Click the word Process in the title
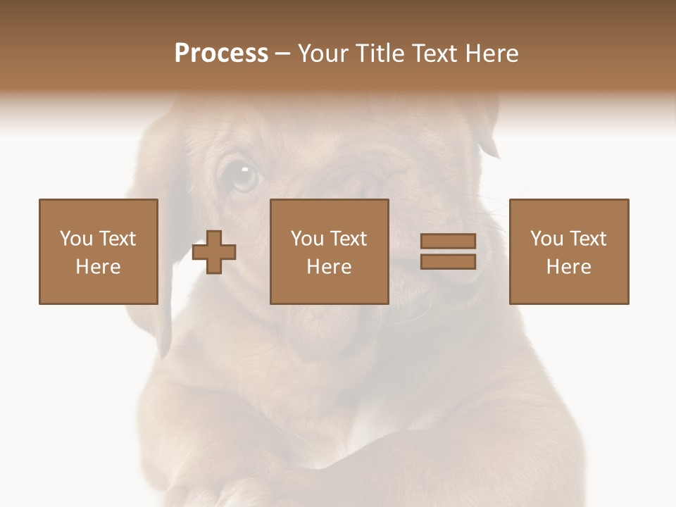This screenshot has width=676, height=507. [221, 54]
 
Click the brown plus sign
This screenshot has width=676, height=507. [214, 252]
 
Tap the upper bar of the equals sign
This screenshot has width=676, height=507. [448, 241]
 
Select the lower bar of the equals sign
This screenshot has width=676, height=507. [448, 262]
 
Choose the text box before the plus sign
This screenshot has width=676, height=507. [99, 251]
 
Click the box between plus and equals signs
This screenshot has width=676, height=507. [329, 251]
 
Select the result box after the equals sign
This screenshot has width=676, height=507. [568, 251]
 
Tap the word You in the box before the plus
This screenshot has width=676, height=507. [76, 239]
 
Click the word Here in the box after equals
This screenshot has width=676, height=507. [568, 267]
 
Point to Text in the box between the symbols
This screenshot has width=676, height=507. [349, 239]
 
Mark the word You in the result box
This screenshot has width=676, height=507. [546, 239]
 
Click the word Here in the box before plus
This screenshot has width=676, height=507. [99, 267]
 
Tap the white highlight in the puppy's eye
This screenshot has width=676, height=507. [244, 169]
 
